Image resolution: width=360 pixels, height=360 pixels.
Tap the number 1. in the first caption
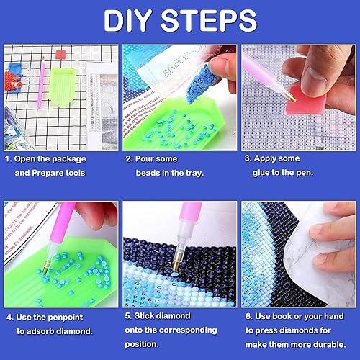coord(9,158)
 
